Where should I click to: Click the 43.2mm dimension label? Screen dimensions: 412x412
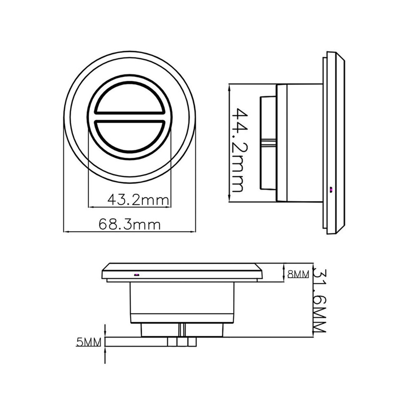click(138, 200)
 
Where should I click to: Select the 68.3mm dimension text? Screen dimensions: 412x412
click(129, 225)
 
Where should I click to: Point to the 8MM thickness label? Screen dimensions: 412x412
click(298, 274)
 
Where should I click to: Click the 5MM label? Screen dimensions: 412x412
click(89, 342)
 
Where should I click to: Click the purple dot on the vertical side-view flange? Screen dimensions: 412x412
click(331, 190)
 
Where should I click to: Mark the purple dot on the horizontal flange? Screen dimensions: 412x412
click(137, 274)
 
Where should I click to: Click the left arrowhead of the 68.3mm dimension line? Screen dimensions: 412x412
click(66, 232)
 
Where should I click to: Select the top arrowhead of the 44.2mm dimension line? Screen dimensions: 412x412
click(229, 86)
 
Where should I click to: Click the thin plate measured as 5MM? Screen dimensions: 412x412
click(136, 342)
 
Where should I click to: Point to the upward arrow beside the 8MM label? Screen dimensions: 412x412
click(284, 268)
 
